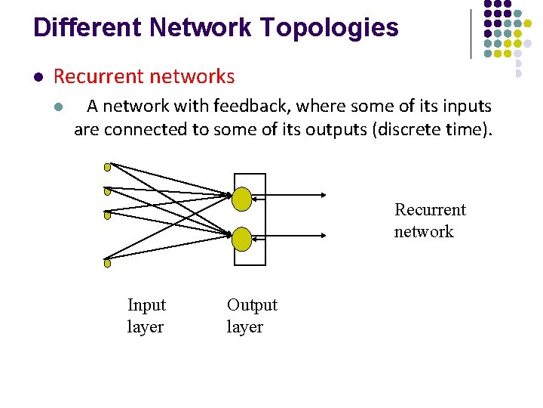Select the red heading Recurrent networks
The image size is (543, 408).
[x=144, y=76]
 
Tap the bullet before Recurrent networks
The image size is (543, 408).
[x=37, y=77]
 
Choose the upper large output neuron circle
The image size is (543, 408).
[x=241, y=199]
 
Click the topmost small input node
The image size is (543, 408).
[x=107, y=167]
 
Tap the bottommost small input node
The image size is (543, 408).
[x=107, y=264]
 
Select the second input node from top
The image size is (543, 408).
[x=107, y=191]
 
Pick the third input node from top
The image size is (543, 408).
[x=107, y=215]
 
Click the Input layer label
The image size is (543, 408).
[x=146, y=316]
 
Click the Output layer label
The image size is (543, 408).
[x=252, y=316]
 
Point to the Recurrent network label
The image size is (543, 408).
[x=430, y=221]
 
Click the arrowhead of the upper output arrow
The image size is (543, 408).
[x=323, y=199]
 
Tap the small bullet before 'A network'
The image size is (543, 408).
[x=58, y=107]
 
